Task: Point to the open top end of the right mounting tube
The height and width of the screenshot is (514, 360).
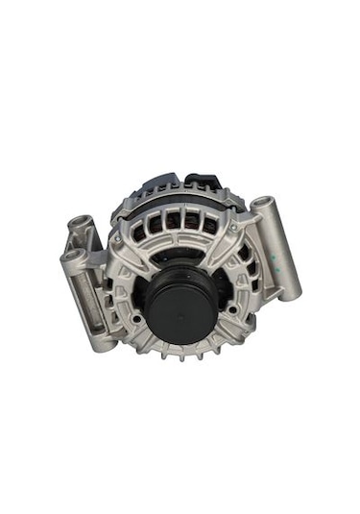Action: coord(261,204)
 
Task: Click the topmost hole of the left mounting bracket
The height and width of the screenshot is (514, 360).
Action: coord(77,224)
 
